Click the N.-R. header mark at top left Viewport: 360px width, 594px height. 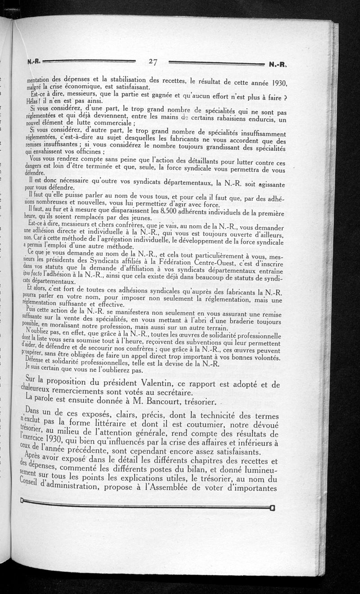click(x=34, y=62)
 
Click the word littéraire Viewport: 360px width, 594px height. click(x=112, y=425)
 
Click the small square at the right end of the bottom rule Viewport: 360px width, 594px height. click(x=272, y=509)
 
